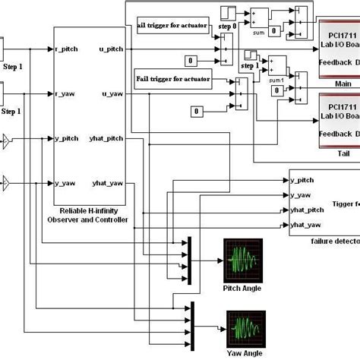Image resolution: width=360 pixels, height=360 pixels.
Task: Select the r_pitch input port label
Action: pyautogui.click(x=68, y=49)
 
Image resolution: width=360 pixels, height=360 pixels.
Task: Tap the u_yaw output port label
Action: pyautogui.click(x=112, y=94)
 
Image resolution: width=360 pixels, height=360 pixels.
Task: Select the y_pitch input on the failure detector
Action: pyautogui.click(x=302, y=179)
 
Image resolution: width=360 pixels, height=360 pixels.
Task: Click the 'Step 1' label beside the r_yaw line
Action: pyautogui.click(x=11, y=112)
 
